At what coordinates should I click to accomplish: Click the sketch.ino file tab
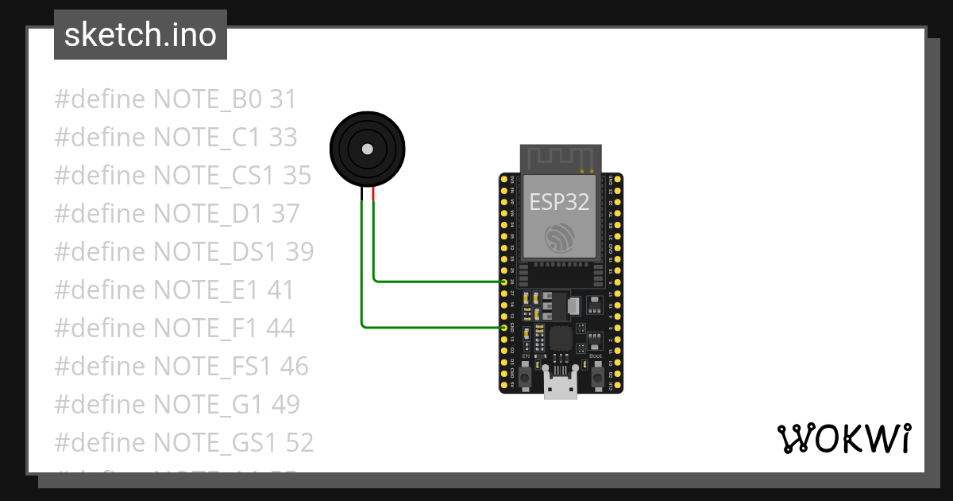point(141,35)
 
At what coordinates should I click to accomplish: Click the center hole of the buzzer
point(367,149)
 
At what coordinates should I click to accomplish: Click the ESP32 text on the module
point(560,202)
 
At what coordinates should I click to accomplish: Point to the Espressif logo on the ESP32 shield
point(560,237)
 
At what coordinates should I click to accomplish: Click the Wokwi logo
point(843,438)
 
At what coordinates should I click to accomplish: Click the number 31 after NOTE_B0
point(283,99)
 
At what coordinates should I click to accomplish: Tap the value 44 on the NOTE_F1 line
point(280,328)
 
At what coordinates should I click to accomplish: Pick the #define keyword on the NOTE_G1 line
point(100,404)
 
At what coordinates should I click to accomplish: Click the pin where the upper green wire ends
point(504,282)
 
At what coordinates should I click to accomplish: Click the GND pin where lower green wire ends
point(504,327)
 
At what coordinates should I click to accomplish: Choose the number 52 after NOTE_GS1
point(298,442)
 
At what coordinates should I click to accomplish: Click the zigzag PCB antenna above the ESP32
point(560,157)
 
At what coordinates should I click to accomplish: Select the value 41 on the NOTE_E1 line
point(280,289)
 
